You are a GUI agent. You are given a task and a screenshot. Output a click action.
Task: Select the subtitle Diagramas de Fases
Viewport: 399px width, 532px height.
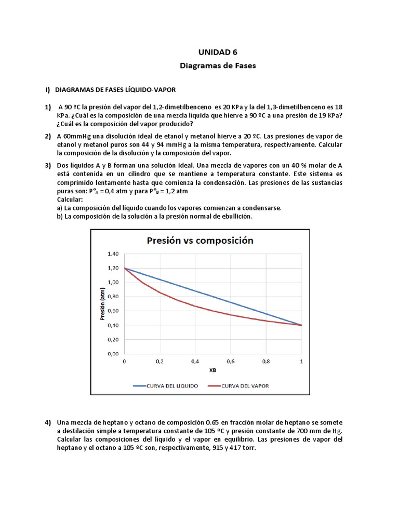[x=218, y=66]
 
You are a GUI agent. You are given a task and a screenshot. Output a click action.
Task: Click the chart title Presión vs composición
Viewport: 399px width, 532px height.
[x=200, y=240]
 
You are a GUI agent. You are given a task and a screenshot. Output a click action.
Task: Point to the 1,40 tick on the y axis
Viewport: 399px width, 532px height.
[x=113, y=254]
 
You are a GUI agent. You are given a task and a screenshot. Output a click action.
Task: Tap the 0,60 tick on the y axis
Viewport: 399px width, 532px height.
[x=113, y=311]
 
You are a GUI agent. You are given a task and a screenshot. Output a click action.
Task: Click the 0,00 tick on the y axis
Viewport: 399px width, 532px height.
[x=113, y=354]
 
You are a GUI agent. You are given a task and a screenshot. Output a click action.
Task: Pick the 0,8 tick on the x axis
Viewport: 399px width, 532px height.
[x=266, y=361]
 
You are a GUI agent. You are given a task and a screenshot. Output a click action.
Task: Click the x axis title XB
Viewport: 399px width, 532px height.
[x=212, y=370]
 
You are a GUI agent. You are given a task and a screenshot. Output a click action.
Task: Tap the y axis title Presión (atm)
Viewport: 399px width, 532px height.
[x=103, y=304]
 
